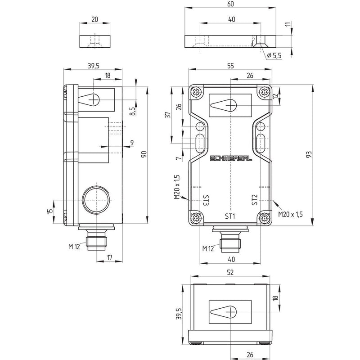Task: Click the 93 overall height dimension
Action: pos(309,154)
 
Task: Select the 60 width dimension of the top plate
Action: pos(230,4)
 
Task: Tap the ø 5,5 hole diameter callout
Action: pos(274,55)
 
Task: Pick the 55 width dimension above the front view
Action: pos(230,66)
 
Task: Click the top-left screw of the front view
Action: pos(197,92)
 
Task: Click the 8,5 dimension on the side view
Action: pos(132,111)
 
